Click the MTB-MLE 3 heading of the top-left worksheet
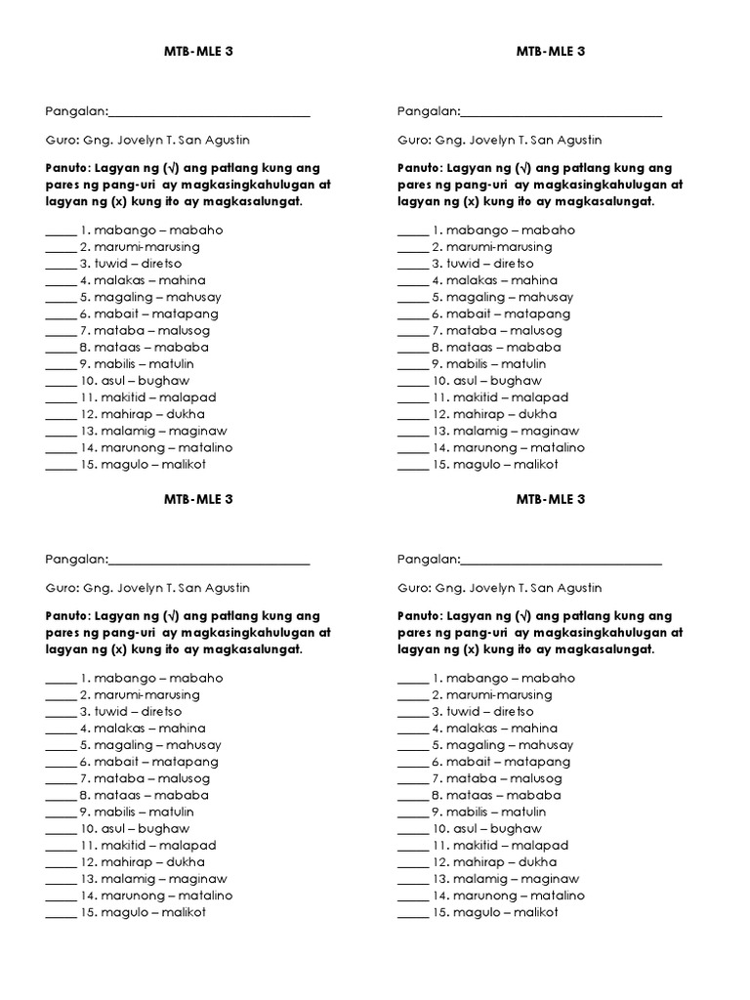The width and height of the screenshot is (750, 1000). tap(199, 52)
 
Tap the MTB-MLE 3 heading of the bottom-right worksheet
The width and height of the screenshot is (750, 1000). tap(551, 499)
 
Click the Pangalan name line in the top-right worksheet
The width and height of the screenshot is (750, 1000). tap(561, 115)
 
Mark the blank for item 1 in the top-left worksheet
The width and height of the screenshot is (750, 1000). tap(60, 232)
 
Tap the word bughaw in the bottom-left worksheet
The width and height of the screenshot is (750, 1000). tap(165, 828)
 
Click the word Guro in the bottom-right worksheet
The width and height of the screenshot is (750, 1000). tap(411, 588)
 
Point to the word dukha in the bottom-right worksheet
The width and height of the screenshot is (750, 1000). tap(537, 861)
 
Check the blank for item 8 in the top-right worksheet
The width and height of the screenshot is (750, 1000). tap(411, 349)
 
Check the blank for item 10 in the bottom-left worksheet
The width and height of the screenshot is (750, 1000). tap(60, 830)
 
